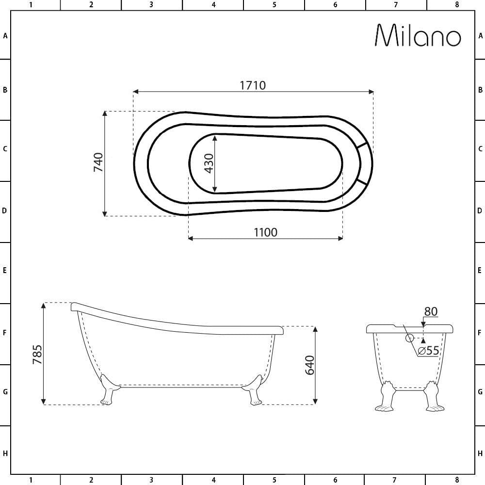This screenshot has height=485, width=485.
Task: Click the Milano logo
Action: pos(418,35)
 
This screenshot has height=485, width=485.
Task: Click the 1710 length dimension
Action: pos(253,85)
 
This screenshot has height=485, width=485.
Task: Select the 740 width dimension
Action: pos(98,162)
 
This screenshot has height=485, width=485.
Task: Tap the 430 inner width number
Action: pos(209,163)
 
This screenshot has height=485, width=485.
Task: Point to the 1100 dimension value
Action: pos(265,232)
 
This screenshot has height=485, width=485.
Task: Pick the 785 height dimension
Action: pos(37,354)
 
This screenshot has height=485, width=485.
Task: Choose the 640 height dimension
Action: pos(309,365)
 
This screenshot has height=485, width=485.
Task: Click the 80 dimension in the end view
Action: pos(431,311)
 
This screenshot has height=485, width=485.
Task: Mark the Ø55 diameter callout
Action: pos(428,351)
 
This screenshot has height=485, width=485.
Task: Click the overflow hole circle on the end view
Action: pos(409,338)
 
